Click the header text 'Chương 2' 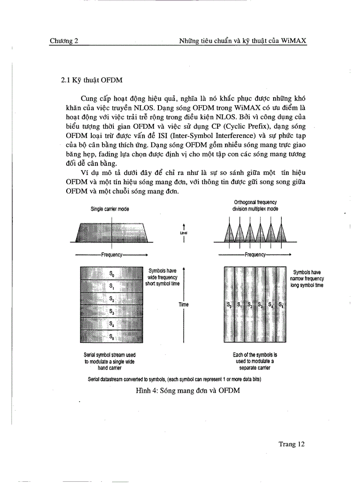(x=64, y=41)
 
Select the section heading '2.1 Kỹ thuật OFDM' (x=92, y=81)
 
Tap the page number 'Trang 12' (x=292, y=444)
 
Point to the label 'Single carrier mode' (x=110, y=209)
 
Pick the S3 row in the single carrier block (x=112, y=312)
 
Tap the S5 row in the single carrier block (x=112, y=337)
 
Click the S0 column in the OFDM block (x=229, y=305)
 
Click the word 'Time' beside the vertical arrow (x=184, y=305)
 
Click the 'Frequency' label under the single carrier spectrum (x=112, y=254)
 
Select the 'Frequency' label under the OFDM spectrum (x=255, y=254)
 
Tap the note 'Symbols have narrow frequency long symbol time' (x=307, y=279)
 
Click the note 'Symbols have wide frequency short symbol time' (x=163, y=277)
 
